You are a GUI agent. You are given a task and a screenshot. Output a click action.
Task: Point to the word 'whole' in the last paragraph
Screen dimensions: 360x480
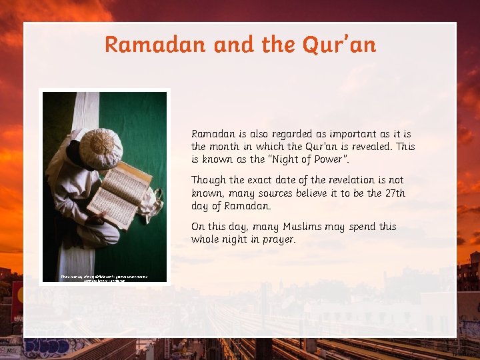point(206,239)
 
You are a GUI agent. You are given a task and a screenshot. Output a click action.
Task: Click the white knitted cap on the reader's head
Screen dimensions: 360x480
point(101,147)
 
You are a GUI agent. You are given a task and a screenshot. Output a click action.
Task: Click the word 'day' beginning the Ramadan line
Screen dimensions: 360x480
point(200,206)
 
